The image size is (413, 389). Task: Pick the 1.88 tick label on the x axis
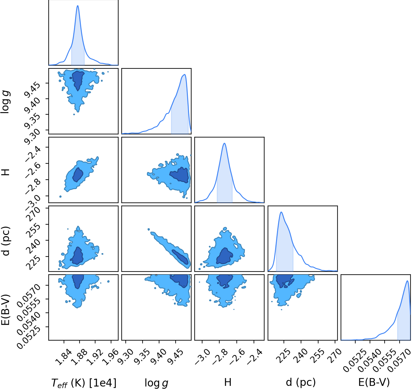(x=78, y=357)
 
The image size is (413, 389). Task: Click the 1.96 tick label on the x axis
(x=110, y=357)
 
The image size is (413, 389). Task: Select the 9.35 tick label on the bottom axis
(x=141, y=357)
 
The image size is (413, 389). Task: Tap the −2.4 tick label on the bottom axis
(x=255, y=357)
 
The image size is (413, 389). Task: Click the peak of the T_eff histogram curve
(x=78, y=6)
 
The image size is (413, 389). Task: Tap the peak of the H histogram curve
(x=224, y=143)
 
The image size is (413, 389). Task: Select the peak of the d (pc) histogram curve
(x=281, y=212)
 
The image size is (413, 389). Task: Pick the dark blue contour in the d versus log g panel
(x=180, y=257)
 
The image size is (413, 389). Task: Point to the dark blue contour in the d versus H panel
(x=225, y=256)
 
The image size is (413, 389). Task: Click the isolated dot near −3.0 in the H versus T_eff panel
(x=60, y=197)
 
